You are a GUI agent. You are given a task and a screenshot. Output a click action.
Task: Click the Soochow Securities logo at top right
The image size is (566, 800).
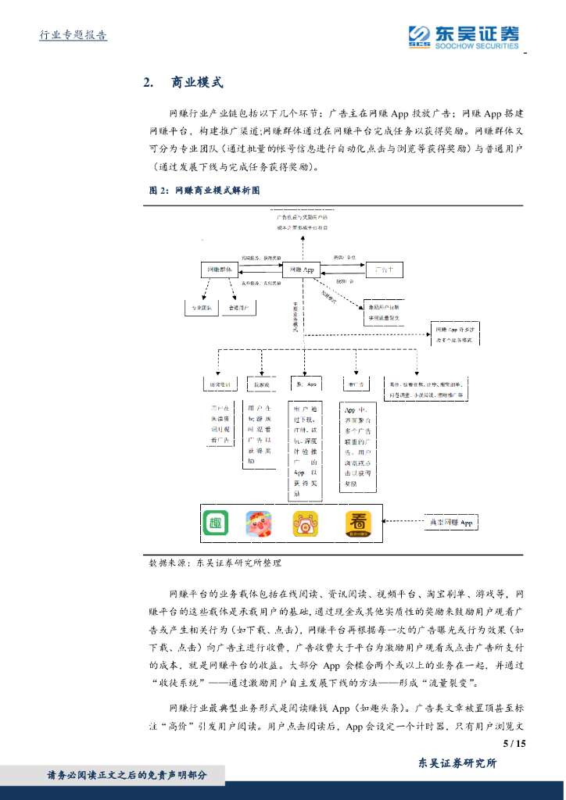tap(463, 36)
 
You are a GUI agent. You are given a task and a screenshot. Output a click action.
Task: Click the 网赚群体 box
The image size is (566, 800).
tap(220, 270)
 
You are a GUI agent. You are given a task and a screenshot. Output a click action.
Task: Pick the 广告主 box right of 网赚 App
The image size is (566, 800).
tap(385, 270)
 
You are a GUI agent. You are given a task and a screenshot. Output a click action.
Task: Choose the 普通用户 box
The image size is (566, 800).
tap(239, 308)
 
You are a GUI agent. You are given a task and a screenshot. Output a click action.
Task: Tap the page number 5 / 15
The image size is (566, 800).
tap(514, 743)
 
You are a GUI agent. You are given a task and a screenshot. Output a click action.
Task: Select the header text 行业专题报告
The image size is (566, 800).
tap(73, 35)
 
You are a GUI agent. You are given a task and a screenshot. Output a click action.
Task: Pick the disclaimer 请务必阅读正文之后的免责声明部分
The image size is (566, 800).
tap(127, 775)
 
